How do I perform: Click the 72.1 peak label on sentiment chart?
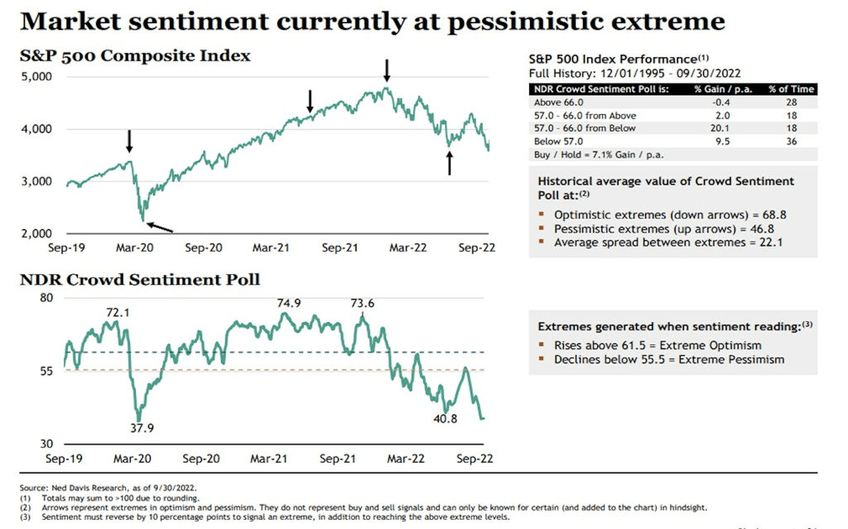[118, 313]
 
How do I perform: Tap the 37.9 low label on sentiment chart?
[142, 428]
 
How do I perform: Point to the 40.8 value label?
[446, 419]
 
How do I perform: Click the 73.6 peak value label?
[362, 303]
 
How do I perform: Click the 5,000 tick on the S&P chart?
[36, 77]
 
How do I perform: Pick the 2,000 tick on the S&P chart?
[36, 233]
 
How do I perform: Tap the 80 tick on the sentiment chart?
[46, 298]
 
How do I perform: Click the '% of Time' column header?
[791, 89]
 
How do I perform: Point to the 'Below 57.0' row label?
[560, 142]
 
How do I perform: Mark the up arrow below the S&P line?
[450, 163]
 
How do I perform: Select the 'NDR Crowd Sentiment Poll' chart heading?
[140, 279]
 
